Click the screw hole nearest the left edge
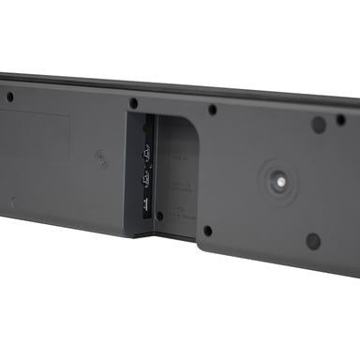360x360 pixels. click(x=9, y=96)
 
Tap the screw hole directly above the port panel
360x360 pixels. click(x=133, y=103)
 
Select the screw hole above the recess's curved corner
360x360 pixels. click(x=212, y=110)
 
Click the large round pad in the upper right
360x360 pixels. click(x=319, y=124)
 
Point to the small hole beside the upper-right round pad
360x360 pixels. click(x=340, y=119)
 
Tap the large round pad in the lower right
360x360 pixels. click(x=313, y=241)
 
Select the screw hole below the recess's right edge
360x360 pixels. click(x=207, y=231)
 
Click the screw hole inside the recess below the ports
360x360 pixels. click(x=159, y=216)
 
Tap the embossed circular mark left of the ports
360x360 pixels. click(x=100, y=159)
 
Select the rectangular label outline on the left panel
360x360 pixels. click(x=37, y=131)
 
